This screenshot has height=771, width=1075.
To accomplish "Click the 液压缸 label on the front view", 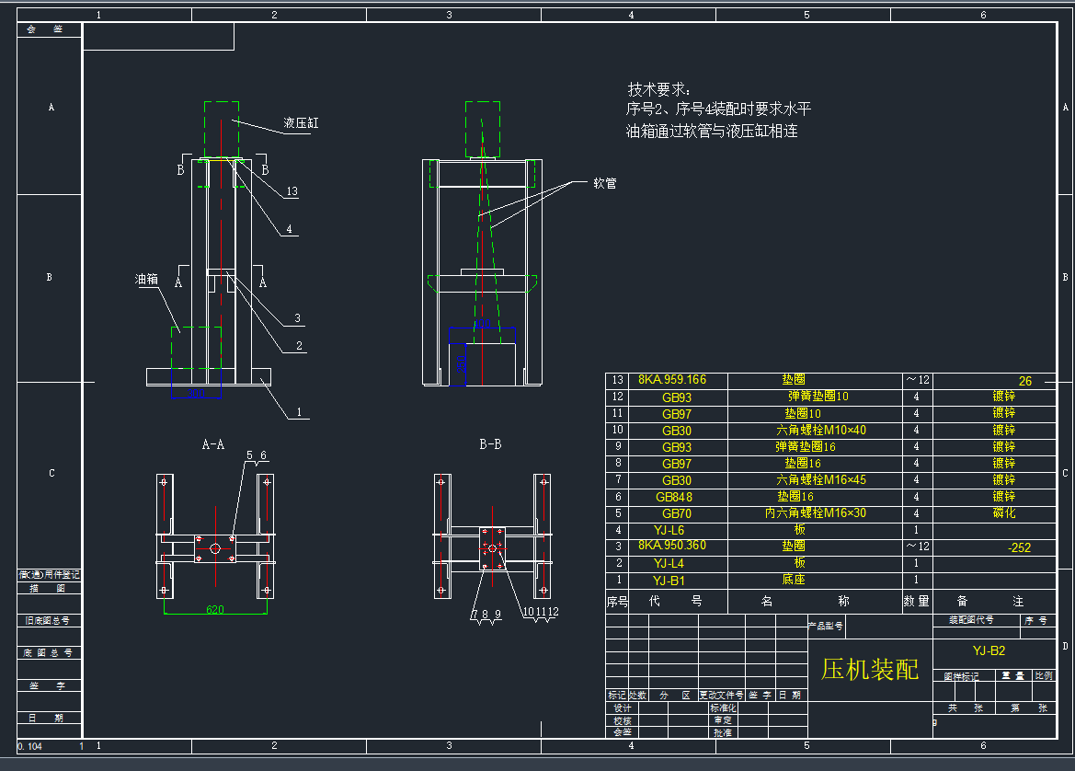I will pos(301,122).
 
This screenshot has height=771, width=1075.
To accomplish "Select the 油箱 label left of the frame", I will pos(147,279).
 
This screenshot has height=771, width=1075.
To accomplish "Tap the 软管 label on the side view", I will pos(604,183).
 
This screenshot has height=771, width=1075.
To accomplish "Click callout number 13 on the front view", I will pos(292,192).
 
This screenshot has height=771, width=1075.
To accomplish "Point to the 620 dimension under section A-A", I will pos(215,609).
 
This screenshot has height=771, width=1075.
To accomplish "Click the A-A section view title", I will pos(213,444).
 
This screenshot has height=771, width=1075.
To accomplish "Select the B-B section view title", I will pos(490,444).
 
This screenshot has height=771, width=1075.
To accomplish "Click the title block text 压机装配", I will pos(869,669).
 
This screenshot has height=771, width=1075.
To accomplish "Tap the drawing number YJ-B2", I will pos(989,650).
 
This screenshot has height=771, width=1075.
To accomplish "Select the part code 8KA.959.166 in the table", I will pos(672,380).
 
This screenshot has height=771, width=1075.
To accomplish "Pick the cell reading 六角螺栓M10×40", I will pos(821,431).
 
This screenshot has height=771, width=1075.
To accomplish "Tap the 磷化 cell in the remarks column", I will pos(1004,513).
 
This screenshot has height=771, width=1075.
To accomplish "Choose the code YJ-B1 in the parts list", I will pos(669,581).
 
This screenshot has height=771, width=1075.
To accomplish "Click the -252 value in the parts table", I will pos(1019,547).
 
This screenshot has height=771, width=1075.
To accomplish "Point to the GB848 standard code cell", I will pos(674,497).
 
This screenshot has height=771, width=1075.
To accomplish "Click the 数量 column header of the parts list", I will pos(916,602).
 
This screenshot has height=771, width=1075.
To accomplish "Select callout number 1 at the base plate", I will pos(297,413).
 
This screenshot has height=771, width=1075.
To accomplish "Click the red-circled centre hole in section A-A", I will pos(214,548).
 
